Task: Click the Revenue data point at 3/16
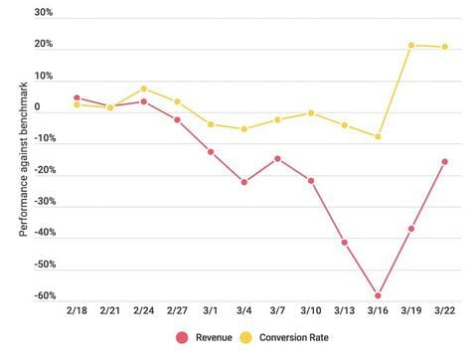pyautogui.click(x=378, y=295)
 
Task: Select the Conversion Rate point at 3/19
pyautogui.click(x=411, y=45)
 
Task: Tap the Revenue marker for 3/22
pyautogui.click(x=444, y=161)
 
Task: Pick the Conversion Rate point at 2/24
pyautogui.click(x=143, y=89)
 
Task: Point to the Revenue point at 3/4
pyautogui.click(x=244, y=182)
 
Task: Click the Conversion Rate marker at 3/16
pyautogui.click(x=378, y=136)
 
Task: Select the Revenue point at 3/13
pyautogui.click(x=345, y=242)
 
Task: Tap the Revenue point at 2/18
pyautogui.click(x=77, y=97)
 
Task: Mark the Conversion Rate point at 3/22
pyautogui.click(x=444, y=47)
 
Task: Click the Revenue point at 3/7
pyautogui.click(x=277, y=158)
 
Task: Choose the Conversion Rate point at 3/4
pyautogui.click(x=244, y=129)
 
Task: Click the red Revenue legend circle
pyautogui.click(x=181, y=337)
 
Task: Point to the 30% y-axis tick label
pyautogui.click(x=43, y=13)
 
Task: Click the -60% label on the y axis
pyautogui.click(x=41, y=296)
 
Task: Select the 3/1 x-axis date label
pyautogui.click(x=210, y=312)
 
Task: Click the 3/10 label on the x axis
pyautogui.click(x=311, y=312)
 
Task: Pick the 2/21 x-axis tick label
pyautogui.click(x=109, y=312)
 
